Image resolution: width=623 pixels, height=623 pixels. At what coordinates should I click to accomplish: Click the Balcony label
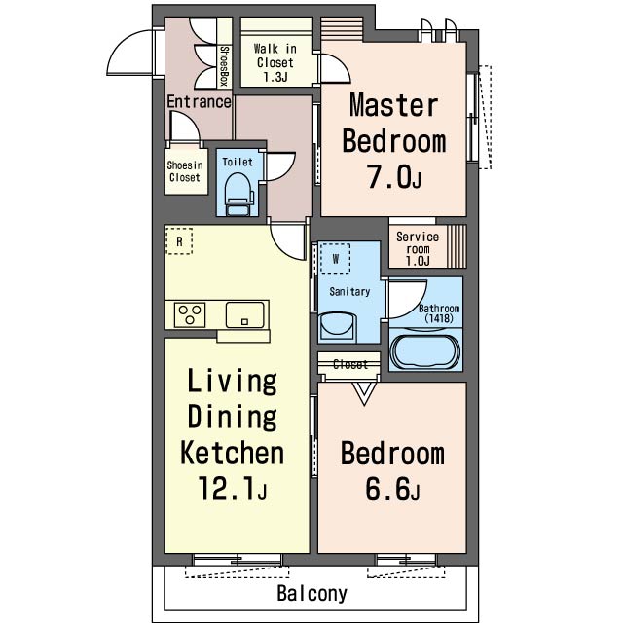tap(311, 594)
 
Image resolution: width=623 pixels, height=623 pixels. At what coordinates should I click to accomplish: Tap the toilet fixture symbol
tap(239, 195)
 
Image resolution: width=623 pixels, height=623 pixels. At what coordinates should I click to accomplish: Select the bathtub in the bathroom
tap(425, 351)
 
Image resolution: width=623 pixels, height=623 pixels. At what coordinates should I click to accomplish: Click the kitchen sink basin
tap(244, 314)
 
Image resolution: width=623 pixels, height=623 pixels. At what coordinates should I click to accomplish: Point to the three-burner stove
tap(190, 314)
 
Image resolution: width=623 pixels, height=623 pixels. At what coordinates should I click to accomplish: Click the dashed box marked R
tap(179, 241)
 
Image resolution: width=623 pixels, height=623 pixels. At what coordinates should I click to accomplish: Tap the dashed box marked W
tap(335, 259)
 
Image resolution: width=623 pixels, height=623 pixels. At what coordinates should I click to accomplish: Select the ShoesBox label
tap(224, 66)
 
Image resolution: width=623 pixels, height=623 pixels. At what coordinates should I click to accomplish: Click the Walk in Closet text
tap(275, 62)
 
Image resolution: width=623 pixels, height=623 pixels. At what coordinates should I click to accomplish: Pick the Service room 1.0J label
tap(418, 249)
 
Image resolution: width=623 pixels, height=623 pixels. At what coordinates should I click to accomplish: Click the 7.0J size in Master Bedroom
tap(393, 177)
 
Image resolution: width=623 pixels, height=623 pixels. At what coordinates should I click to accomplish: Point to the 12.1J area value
tap(232, 488)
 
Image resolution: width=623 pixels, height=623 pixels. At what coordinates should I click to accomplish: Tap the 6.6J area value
tap(392, 489)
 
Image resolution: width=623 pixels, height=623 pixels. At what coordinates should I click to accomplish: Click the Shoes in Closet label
tap(185, 171)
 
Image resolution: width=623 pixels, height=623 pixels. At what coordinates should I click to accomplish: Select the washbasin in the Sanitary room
tap(337, 328)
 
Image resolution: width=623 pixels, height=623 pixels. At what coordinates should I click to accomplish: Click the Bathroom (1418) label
tap(439, 313)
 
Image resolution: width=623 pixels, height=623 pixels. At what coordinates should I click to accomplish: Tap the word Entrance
tap(199, 101)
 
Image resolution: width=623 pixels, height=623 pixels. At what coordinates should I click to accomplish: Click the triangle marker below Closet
tap(364, 393)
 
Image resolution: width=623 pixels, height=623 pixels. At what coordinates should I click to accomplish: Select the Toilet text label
tap(238, 162)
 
